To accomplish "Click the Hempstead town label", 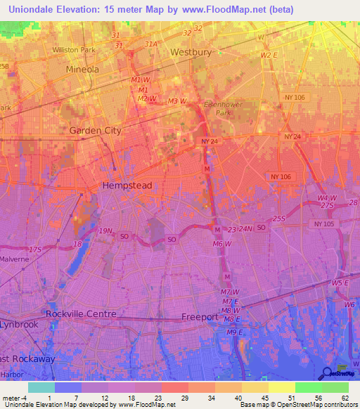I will point(127,186).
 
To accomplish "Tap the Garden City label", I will point(95,131).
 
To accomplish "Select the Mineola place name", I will point(82,70).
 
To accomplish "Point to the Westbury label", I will point(191,52).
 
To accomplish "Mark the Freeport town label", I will point(200,317).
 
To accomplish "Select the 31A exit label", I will point(150,44).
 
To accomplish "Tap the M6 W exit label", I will point(222,244).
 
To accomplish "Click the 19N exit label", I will point(105,231).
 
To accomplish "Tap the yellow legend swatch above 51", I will point(282,387).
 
